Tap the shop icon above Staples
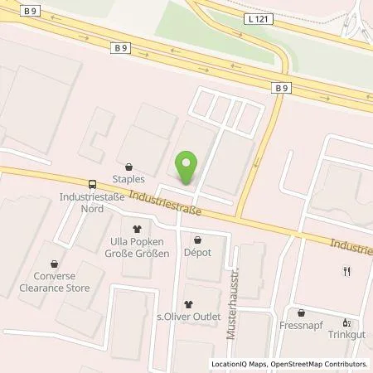(x=129, y=166)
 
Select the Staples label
(x=130, y=178)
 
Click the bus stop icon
(x=90, y=185)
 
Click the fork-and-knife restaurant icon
(x=347, y=270)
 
